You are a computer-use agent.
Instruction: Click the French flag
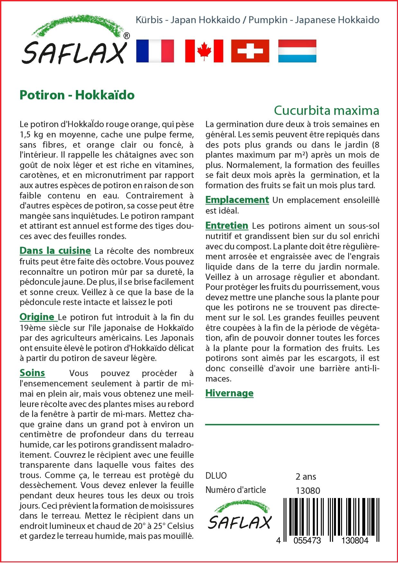pyautogui.click(x=155, y=51)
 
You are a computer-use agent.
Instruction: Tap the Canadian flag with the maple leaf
pyautogui.click(x=204, y=51)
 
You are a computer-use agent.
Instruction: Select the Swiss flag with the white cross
pyautogui.click(x=250, y=51)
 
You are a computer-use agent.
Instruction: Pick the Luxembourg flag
pyautogui.click(x=297, y=51)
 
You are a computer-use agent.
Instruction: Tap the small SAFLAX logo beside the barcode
pyautogui.click(x=240, y=516)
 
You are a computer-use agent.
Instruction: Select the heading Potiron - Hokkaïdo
pyautogui.click(x=77, y=95)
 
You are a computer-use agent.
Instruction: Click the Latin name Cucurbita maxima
pyautogui.click(x=326, y=110)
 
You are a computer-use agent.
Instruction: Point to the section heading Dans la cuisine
pyautogui.click(x=55, y=250)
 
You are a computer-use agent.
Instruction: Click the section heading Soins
pyautogui.click(x=32, y=373)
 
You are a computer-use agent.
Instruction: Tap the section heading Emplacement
pyautogui.click(x=237, y=200)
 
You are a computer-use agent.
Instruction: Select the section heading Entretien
pyautogui.click(x=227, y=226)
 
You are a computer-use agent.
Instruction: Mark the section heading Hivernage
pyautogui.click(x=229, y=393)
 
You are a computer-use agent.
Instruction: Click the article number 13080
pyautogui.click(x=308, y=491)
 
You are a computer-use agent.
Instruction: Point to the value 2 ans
pyautogui.click(x=306, y=476)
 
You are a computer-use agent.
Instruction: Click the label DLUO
pyautogui.click(x=216, y=476)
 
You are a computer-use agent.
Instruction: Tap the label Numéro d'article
pyautogui.click(x=236, y=490)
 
